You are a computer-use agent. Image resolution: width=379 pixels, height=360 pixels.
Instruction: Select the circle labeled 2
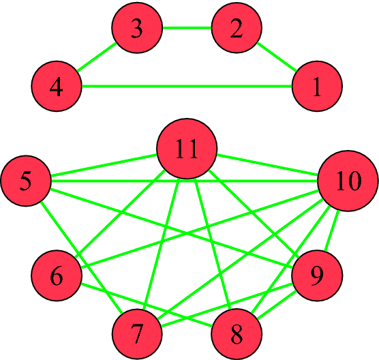(x=237, y=29)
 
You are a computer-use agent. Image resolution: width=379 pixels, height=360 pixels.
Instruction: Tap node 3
(x=137, y=29)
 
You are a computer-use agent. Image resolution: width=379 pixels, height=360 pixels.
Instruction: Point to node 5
(x=25, y=181)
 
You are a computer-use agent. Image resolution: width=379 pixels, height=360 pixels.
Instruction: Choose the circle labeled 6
(x=57, y=276)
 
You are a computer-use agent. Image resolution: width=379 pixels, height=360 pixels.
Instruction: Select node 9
(x=317, y=276)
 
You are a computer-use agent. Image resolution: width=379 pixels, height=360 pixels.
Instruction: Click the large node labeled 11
(x=187, y=150)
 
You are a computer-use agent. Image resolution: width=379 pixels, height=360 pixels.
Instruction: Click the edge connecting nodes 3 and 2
(x=187, y=29)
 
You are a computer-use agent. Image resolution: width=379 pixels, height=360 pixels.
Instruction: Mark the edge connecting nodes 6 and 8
(x=147, y=305)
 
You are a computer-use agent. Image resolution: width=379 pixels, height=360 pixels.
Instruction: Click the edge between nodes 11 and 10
(x=267, y=166)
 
